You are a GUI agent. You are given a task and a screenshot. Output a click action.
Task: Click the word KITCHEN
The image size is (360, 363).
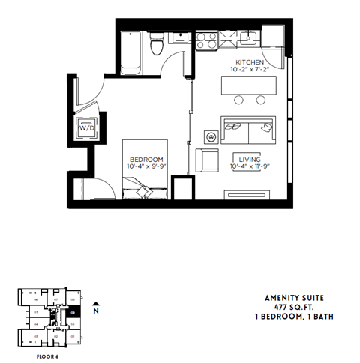click(x=248, y=61)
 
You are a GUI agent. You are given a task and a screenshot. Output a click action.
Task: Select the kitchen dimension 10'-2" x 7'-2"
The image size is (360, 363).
click(x=249, y=69)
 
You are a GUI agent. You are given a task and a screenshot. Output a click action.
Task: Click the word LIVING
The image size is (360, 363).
click(x=249, y=160)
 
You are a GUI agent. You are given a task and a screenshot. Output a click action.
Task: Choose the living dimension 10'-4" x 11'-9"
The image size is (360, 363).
click(x=249, y=167)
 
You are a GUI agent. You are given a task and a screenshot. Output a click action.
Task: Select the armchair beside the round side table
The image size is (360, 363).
click(x=207, y=160)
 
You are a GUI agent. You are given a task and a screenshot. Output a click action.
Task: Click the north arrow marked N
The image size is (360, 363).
click(x=95, y=308)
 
